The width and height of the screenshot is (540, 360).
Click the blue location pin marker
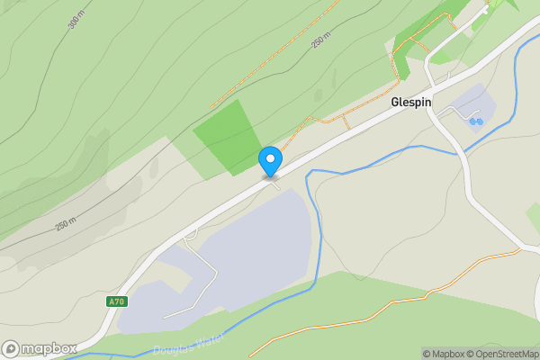[x=270, y=161]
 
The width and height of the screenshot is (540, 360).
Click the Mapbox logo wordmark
[x=49, y=348]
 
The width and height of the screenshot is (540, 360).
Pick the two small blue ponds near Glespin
[x=476, y=121]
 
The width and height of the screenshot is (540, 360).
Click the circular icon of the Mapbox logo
[x=11, y=348]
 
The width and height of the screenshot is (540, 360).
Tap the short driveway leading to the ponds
[x=461, y=114]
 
